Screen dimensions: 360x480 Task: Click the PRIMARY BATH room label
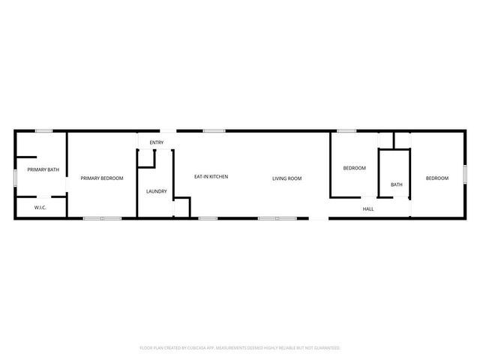43,170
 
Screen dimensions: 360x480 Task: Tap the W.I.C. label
40,207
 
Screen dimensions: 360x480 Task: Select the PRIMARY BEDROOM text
102,178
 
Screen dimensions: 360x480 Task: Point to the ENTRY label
157,142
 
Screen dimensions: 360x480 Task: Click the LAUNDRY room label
157,191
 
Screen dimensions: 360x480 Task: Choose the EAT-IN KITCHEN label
211,177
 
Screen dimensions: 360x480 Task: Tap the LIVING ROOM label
286,178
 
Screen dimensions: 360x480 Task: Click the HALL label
368,208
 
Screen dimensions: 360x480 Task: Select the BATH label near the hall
396,184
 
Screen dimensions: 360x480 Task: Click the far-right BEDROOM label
437,178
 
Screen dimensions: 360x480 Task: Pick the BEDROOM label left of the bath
355,168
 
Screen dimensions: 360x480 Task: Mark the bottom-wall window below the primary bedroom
103,218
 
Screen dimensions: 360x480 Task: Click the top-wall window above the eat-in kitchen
214,131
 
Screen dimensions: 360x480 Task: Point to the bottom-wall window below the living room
277,218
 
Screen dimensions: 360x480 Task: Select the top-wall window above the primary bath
43,131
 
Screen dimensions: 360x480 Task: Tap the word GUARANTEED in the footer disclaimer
325,348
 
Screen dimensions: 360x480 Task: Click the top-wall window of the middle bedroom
346,131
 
